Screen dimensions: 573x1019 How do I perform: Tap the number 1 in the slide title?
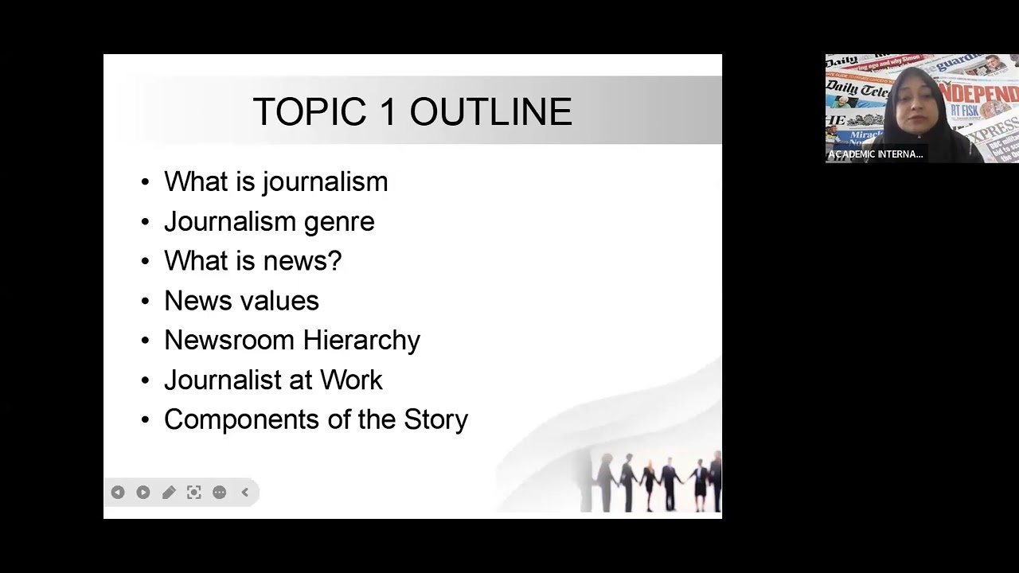click(388, 112)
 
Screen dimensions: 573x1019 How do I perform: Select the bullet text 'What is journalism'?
click(275, 181)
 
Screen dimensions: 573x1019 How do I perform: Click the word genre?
click(338, 222)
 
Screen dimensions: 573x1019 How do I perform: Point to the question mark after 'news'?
click(335, 260)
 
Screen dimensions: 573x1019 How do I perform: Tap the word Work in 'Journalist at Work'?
click(351, 380)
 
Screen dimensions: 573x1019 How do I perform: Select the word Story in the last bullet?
click(435, 419)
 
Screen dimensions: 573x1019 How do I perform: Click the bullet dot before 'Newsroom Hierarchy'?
click(145, 341)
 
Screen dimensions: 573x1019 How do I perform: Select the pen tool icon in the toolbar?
click(169, 493)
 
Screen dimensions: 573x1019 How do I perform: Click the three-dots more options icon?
click(220, 493)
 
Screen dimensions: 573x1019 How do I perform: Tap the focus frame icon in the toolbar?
click(194, 493)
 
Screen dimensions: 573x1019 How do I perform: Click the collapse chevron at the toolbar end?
click(245, 493)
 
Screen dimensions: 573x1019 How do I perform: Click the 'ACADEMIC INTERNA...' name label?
click(876, 154)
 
